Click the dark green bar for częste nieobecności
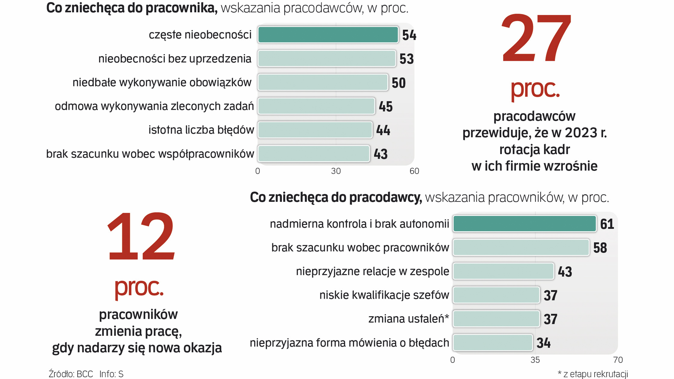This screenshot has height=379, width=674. [328, 35]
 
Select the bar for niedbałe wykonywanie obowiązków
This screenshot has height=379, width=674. [323, 82]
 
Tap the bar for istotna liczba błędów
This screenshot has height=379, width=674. [315, 130]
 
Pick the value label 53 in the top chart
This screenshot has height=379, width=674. [407, 59]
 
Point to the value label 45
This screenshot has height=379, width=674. [385, 107]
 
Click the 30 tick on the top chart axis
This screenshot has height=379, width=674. [336, 171]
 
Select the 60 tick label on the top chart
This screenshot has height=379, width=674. [414, 171]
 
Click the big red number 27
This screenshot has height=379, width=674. [536, 39]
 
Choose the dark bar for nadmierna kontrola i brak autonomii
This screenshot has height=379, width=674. [524, 224]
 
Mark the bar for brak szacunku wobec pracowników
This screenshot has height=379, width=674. [521, 248]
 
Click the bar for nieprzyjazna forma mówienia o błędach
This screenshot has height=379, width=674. [493, 343]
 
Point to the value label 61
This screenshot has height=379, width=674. [607, 224]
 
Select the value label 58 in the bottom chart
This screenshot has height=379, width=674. [600, 248]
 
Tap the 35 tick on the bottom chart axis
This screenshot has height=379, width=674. [535, 360]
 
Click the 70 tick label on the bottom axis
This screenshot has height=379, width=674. [618, 360]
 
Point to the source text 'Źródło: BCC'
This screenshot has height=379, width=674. [71, 374]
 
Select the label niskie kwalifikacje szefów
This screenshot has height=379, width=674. [384, 295]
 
